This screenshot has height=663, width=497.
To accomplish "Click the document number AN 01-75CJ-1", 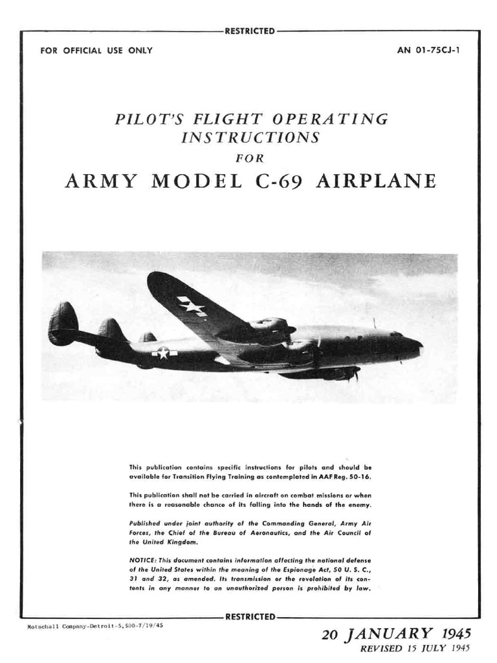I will (x=428, y=51).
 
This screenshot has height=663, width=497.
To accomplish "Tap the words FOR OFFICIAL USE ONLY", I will (x=96, y=51).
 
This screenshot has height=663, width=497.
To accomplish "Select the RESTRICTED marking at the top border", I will (x=249, y=30).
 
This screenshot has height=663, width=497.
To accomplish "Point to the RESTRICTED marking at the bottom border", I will (x=249, y=616).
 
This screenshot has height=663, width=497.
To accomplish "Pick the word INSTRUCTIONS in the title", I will (x=250, y=137).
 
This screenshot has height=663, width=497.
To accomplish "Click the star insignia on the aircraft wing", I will (x=192, y=305).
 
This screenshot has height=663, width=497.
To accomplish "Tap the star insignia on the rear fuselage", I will (x=164, y=353).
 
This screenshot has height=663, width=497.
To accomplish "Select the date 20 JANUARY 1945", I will (x=397, y=633).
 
